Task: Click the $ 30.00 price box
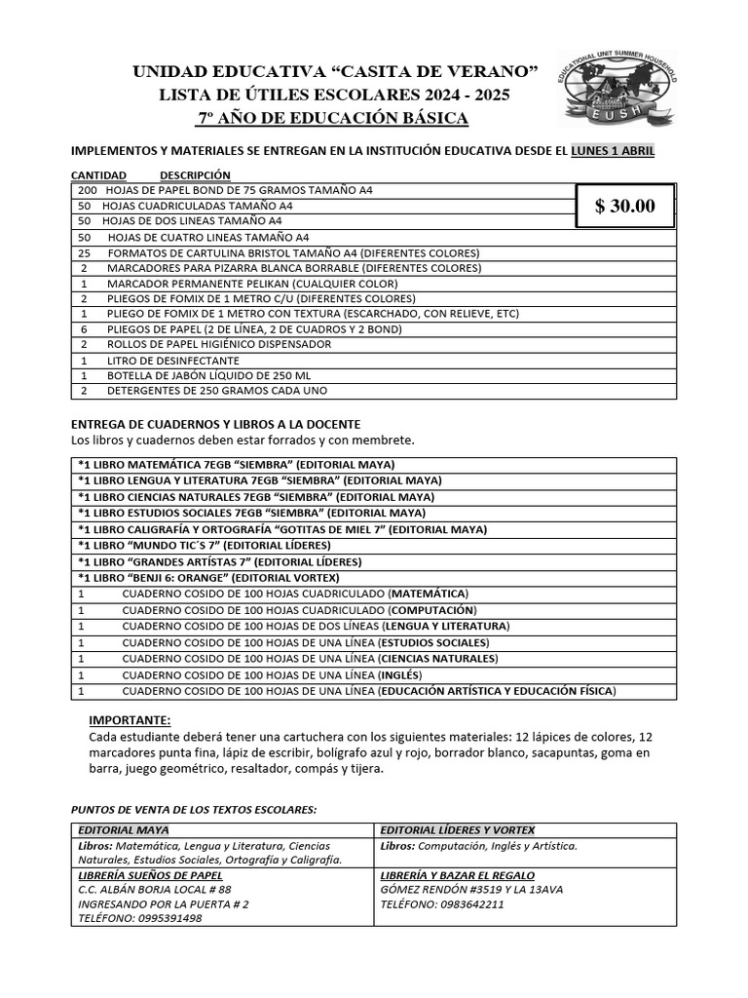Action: pos(624,206)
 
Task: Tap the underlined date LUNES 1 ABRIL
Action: pos(613,151)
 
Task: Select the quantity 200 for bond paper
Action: pos(87,190)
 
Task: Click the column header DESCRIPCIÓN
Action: pos(195,174)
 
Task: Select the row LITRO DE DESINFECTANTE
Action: pos(173,360)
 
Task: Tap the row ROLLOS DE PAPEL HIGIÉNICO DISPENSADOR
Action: pos(219,344)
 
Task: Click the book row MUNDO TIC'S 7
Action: pos(205,545)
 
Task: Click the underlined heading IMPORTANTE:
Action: pos(130,720)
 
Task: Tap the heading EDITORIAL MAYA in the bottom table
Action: pos(123,829)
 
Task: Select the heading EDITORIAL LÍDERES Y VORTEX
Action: pos(458,829)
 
